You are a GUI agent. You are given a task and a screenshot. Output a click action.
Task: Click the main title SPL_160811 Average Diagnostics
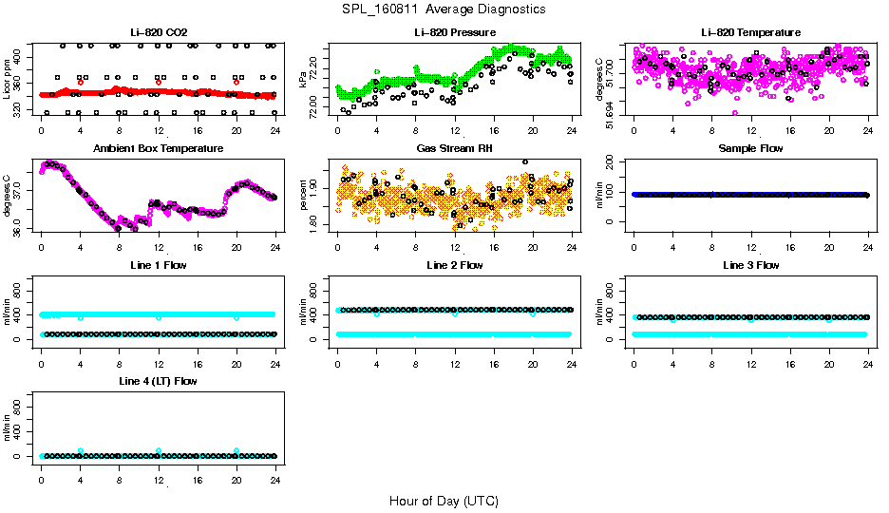444,9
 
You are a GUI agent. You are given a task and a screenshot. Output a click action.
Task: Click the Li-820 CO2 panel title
158,33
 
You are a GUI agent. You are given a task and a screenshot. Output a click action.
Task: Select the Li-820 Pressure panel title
455,33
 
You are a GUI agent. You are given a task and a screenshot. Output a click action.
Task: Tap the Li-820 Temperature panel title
750,33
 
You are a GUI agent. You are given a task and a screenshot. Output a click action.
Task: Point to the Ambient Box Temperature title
158,149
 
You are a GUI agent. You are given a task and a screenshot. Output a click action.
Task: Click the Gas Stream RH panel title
455,149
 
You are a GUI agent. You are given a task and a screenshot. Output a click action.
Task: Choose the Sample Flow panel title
750,149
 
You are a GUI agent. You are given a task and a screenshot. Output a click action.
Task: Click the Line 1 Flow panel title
158,265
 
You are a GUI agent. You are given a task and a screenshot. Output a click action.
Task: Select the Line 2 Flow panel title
455,265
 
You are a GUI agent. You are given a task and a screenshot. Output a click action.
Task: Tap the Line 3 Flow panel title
750,265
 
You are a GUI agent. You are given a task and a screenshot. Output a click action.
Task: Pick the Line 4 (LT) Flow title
158,381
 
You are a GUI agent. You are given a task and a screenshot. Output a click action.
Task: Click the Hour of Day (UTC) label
444,501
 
